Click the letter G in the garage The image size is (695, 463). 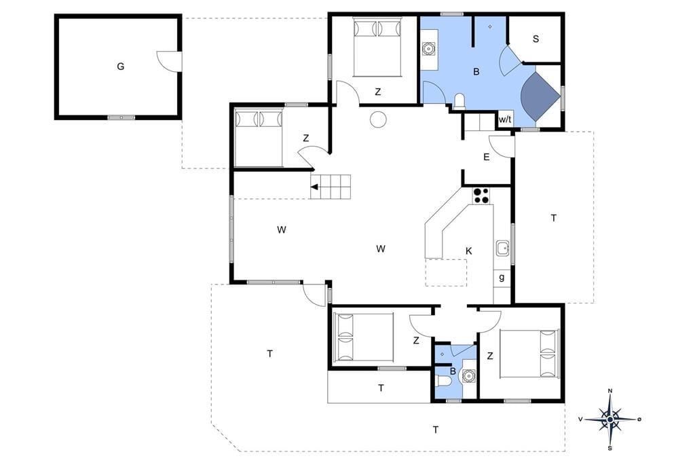pyautogui.click(x=121, y=67)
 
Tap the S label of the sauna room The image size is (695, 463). pyautogui.click(x=536, y=39)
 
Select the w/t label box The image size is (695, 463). pyautogui.click(x=505, y=119)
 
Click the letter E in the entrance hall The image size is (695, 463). pyautogui.click(x=486, y=157)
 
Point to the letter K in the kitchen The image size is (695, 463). pyautogui.click(x=468, y=251)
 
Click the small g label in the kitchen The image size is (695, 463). pyautogui.click(x=502, y=278)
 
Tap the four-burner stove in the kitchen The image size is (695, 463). pyautogui.click(x=481, y=196)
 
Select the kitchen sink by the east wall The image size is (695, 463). pyautogui.click(x=502, y=248)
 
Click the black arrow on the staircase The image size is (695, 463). pyautogui.click(x=315, y=187)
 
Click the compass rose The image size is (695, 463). pyautogui.click(x=610, y=419)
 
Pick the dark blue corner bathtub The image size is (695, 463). pyautogui.click(x=538, y=96)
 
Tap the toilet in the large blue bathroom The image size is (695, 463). pyautogui.click(x=459, y=102)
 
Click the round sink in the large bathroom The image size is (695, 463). pyautogui.click(x=429, y=48)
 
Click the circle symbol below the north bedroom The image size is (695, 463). pyautogui.click(x=379, y=119)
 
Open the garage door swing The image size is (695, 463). pyautogui.click(x=169, y=61)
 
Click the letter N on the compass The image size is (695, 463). pyautogui.click(x=610, y=391)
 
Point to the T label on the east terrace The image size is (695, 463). pyautogui.click(x=553, y=218)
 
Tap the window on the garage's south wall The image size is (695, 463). pyautogui.click(x=121, y=117)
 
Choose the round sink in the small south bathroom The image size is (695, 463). pyautogui.click(x=468, y=376)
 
